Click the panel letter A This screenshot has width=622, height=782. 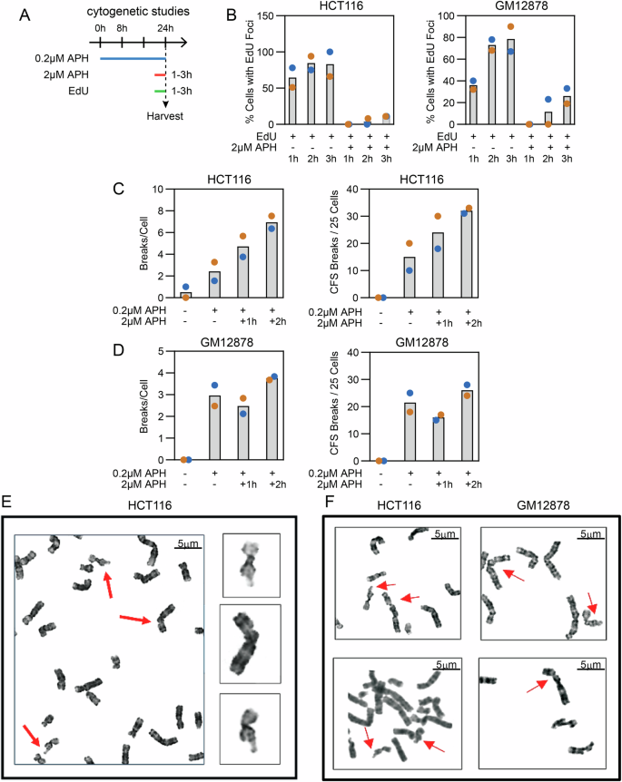(14, 16)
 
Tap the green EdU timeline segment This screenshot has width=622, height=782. (161, 89)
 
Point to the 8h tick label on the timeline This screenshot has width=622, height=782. (122, 28)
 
